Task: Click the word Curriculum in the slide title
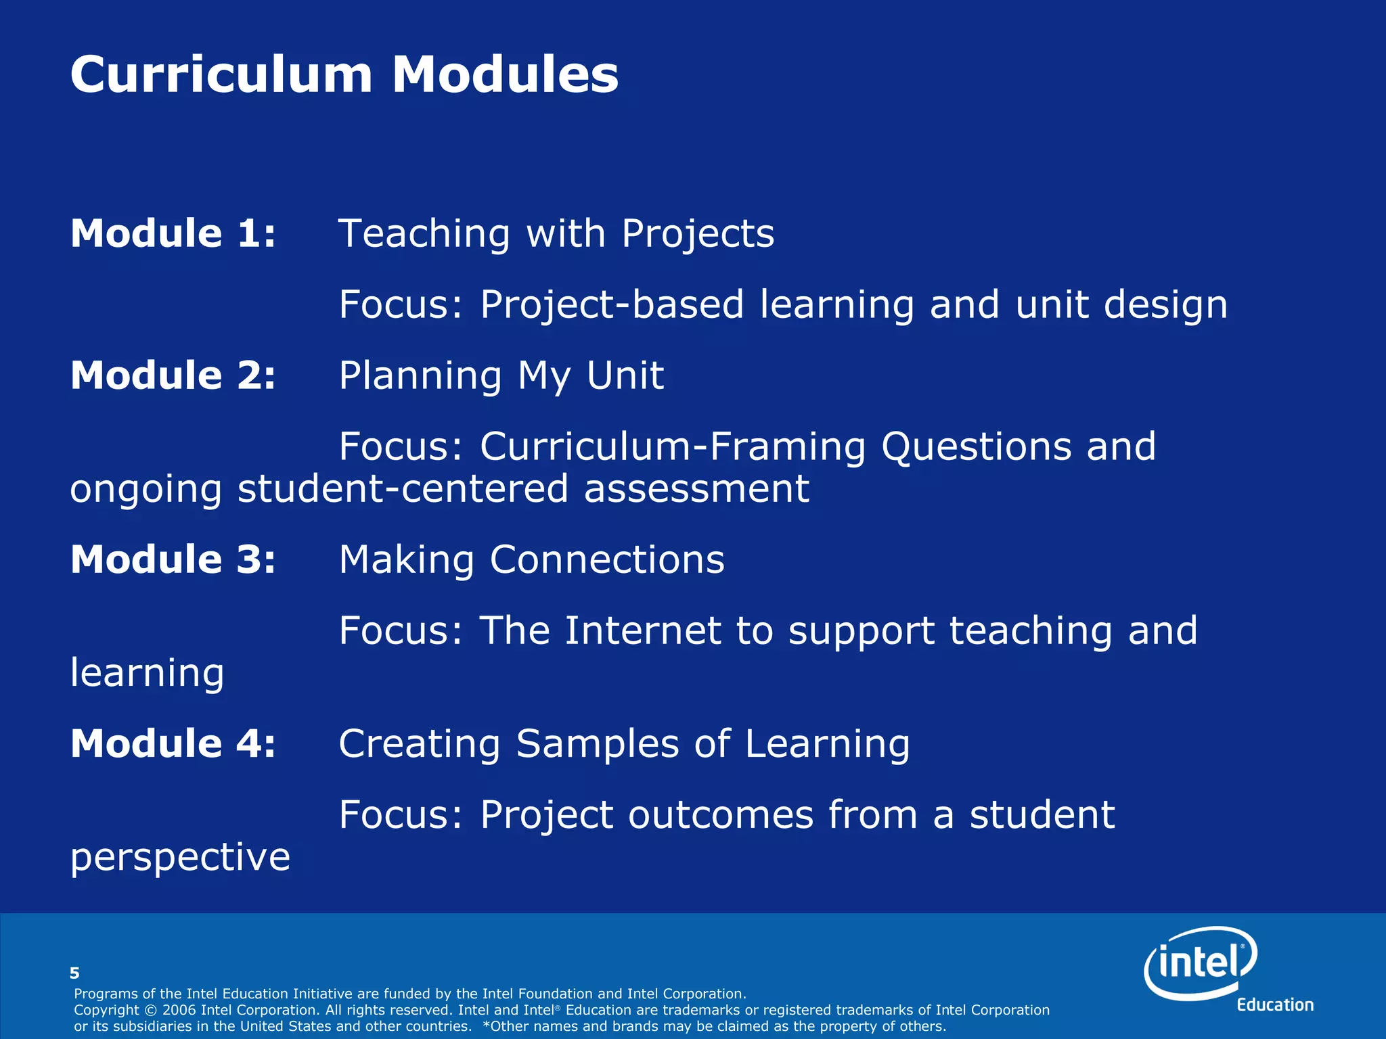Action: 221,74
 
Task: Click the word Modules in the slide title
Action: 505,74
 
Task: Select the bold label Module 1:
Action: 173,233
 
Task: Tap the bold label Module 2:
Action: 173,375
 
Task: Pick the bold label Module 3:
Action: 173,559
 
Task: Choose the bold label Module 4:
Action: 173,743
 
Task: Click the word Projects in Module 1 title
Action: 697,235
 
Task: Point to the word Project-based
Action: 612,305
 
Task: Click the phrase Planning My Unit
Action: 501,376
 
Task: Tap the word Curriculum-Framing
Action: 673,447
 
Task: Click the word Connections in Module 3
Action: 606,560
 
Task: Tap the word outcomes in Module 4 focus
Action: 720,815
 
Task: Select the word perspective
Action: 180,858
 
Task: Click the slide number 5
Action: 74,973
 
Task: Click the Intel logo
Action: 1201,962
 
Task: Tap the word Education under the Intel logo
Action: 1275,1005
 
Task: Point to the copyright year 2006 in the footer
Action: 179,1010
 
